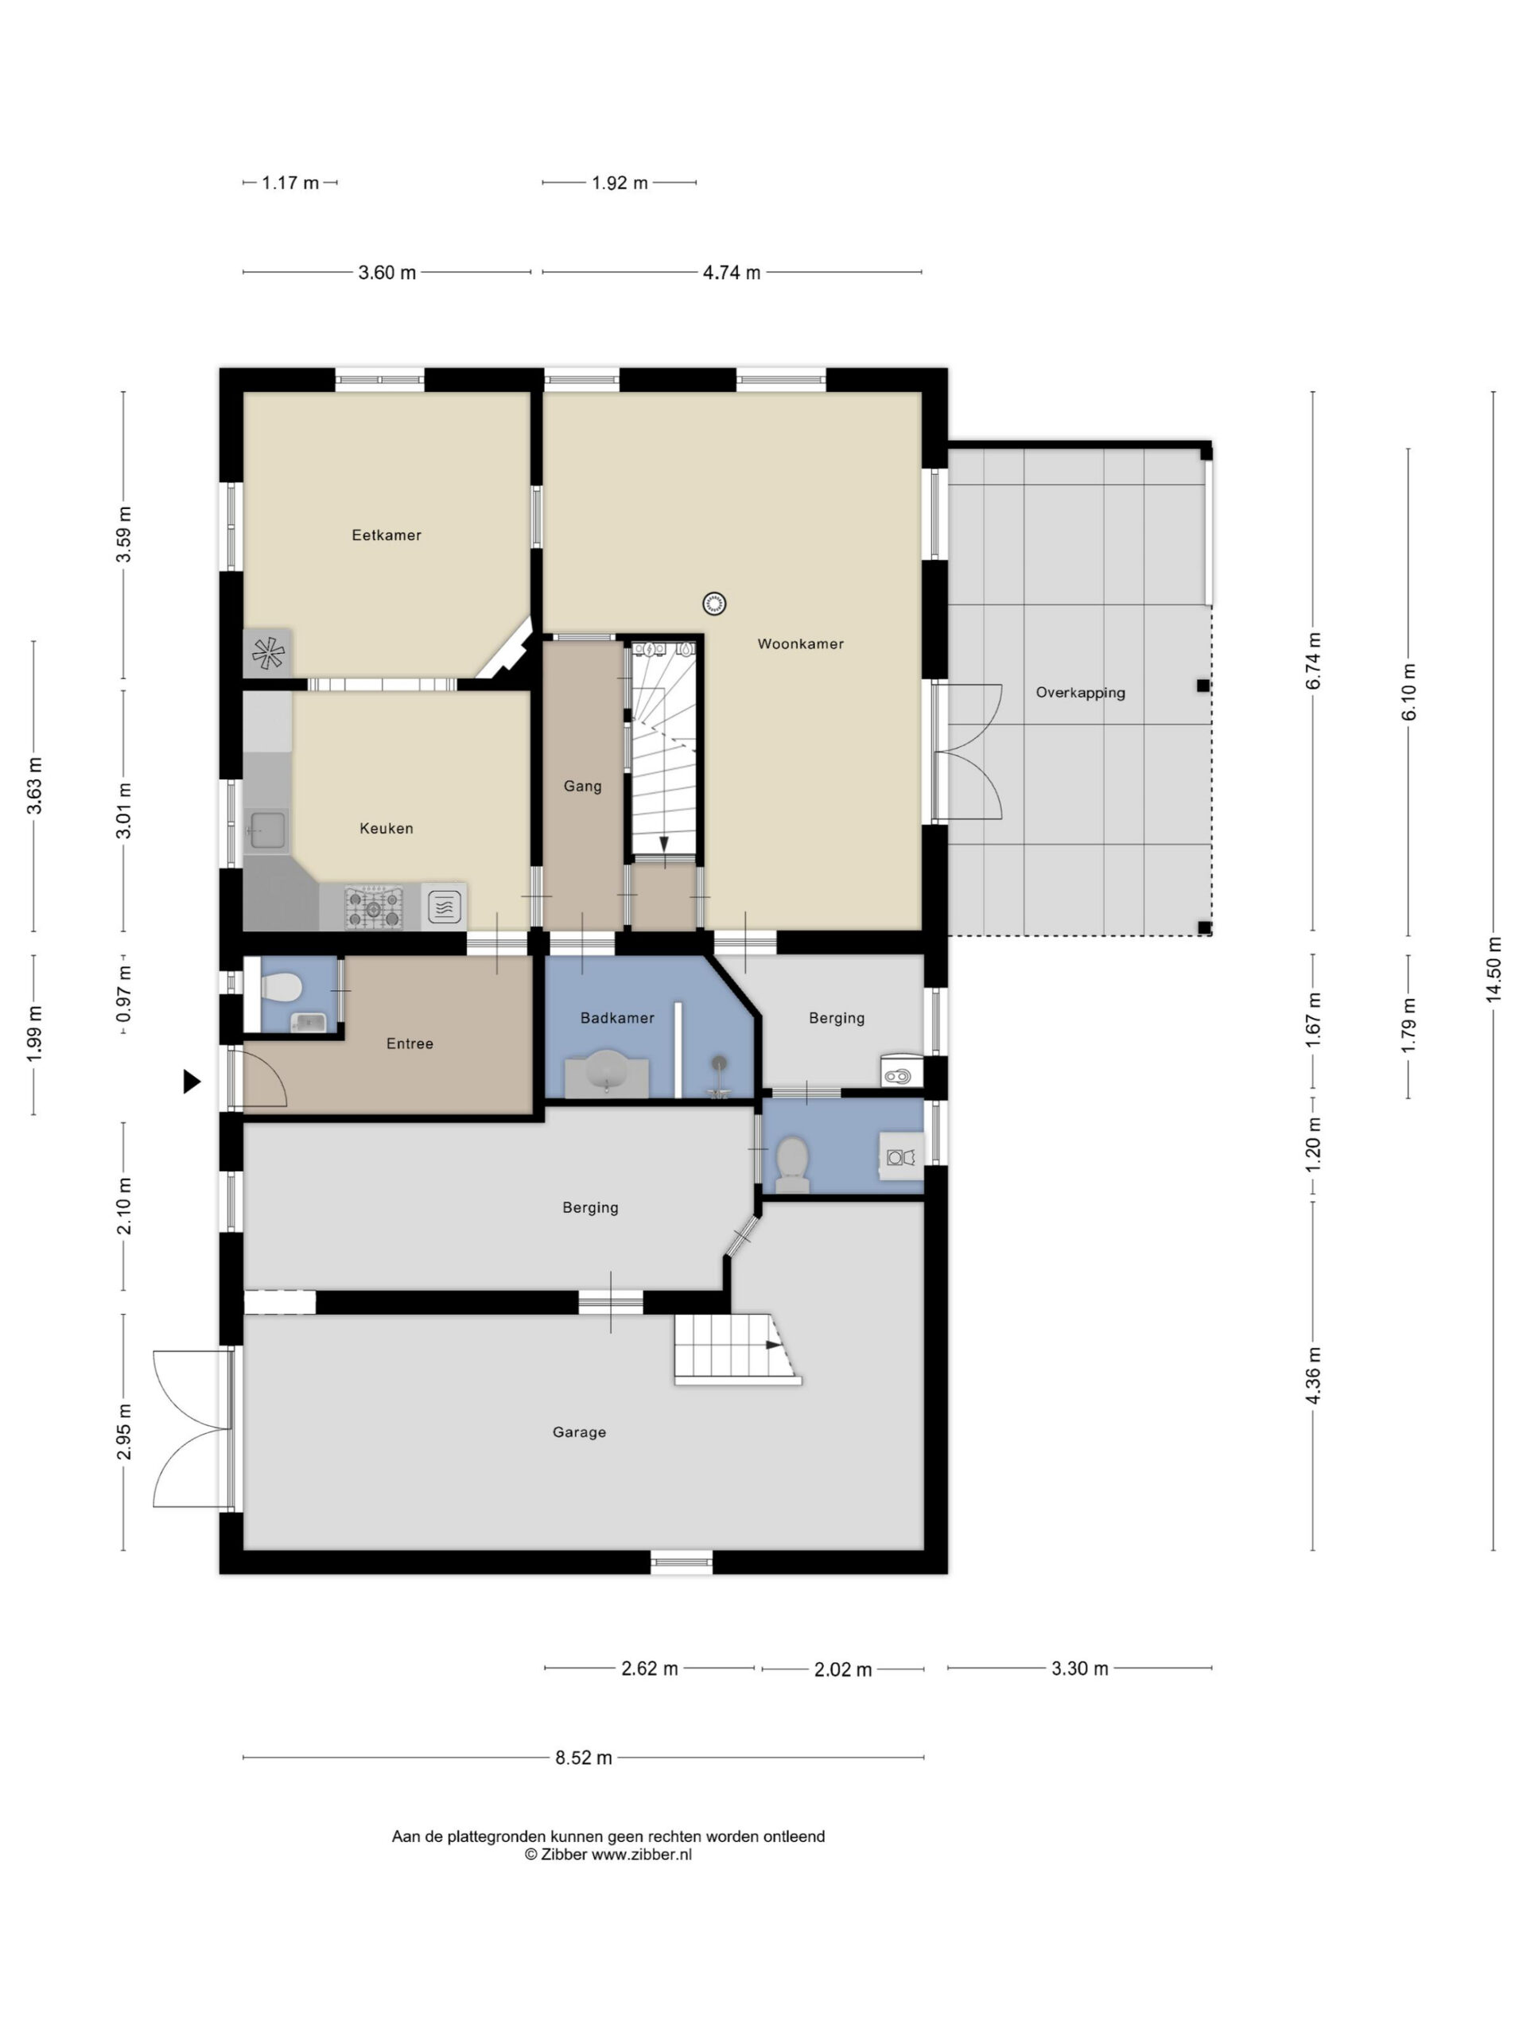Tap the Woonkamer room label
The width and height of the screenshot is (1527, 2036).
pos(800,644)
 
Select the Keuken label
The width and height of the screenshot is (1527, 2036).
pos(386,829)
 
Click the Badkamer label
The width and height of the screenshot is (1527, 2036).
pos(616,1018)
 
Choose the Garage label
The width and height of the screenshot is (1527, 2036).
pos(579,1432)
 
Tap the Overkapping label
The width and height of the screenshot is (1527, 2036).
pos(1080,693)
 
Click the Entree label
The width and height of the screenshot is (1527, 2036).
pos(410,1043)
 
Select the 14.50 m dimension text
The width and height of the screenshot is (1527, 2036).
pos(1493,969)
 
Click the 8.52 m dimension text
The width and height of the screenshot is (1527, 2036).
pos(584,1758)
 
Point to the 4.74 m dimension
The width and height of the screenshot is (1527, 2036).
pos(732,273)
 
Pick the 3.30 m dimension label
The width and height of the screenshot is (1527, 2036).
pos(1080,1668)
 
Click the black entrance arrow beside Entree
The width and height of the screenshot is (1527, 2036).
pos(192,1082)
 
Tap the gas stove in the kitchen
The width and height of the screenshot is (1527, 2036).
pos(374,907)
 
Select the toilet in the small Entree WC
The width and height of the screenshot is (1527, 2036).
pos(282,989)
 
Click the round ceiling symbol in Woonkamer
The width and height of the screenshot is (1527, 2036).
pos(714,604)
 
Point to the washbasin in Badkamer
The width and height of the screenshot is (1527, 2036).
pos(607,1071)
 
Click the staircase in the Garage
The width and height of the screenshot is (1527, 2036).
pos(737,1350)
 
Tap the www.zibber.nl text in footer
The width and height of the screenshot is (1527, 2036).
pos(642,1855)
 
